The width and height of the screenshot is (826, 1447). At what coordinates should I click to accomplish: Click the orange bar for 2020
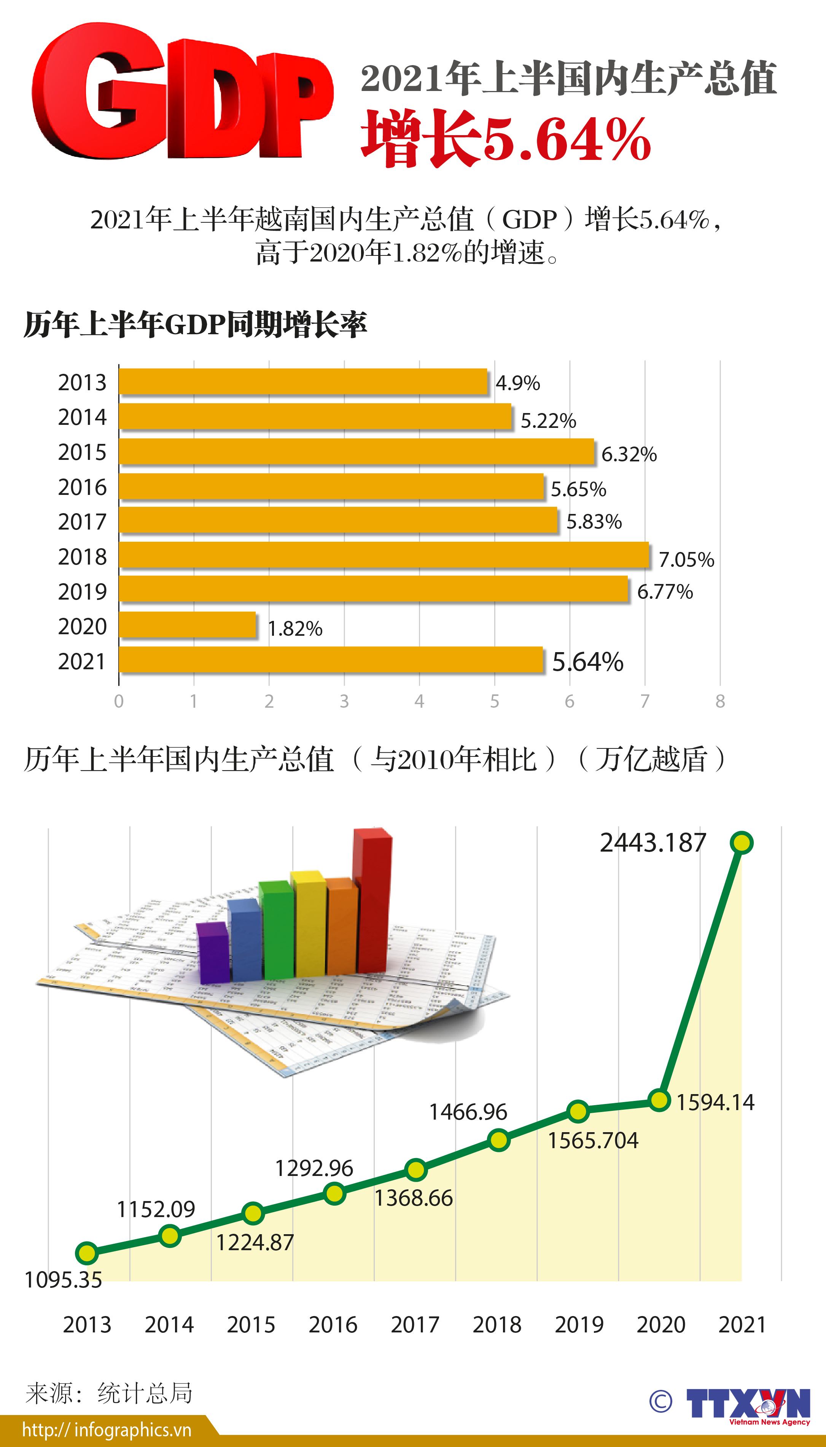pyautogui.click(x=187, y=625)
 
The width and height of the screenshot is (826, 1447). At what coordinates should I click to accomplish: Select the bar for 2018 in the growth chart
pyautogui.click(x=384, y=555)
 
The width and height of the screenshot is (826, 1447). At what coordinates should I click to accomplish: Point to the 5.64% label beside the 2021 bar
pyautogui.click(x=588, y=662)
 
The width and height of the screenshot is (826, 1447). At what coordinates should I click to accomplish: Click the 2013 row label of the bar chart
pyautogui.click(x=82, y=383)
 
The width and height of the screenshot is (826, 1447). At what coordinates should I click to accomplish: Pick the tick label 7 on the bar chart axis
pyautogui.click(x=645, y=701)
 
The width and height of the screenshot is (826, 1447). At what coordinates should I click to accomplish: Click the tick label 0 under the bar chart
pyautogui.click(x=119, y=701)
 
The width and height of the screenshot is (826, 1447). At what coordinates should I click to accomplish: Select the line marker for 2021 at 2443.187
pyautogui.click(x=742, y=843)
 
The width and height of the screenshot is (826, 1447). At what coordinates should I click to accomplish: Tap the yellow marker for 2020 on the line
pyautogui.click(x=659, y=1100)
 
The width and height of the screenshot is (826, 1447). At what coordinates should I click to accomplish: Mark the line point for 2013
pyautogui.click(x=87, y=1253)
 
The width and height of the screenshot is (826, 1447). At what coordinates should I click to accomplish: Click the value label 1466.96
pyautogui.click(x=468, y=1112)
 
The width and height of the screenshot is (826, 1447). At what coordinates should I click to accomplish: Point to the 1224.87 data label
pyautogui.click(x=255, y=1243)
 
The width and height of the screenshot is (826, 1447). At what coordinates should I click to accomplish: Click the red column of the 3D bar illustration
pyautogui.click(x=372, y=902)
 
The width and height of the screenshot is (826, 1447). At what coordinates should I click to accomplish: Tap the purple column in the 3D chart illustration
pyautogui.click(x=213, y=953)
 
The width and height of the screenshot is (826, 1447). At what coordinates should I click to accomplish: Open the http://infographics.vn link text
pyautogui.click(x=107, y=1430)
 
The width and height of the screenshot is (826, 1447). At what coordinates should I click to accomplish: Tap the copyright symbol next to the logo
pyautogui.click(x=660, y=1402)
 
